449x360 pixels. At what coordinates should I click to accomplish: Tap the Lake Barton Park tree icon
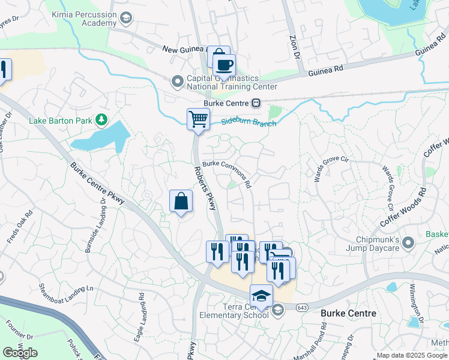pyautogui.click(x=101, y=120)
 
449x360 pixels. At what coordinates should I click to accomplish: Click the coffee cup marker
pyautogui.click(x=224, y=65)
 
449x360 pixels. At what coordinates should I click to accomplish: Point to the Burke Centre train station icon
pyautogui.click(x=256, y=103)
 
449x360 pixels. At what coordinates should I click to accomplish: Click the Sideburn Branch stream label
pyautogui.click(x=248, y=121)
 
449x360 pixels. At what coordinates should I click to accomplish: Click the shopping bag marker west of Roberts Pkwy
pyautogui.click(x=181, y=202)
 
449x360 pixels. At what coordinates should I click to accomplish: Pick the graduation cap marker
pyautogui.click(x=261, y=296)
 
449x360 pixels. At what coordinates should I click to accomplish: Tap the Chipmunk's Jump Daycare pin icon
pyautogui.click(x=408, y=243)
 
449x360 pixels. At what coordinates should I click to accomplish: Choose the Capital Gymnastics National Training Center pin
pyautogui.click(x=177, y=81)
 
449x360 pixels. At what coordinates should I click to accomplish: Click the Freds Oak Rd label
pyautogui.click(x=17, y=227)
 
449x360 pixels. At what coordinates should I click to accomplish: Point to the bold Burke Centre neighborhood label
pyautogui.click(x=348, y=313)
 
